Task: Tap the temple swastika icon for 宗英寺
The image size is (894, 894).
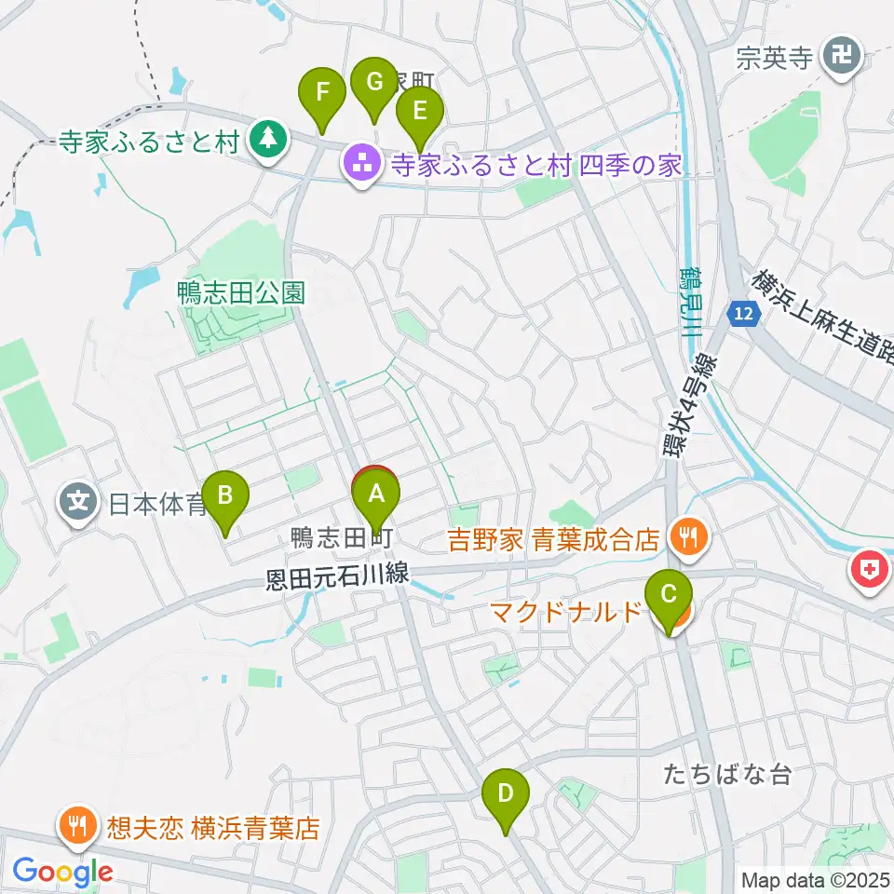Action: click(843, 58)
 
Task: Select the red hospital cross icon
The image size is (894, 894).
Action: click(870, 575)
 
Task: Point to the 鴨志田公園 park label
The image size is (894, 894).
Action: click(241, 293)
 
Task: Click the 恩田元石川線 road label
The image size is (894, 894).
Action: click(337, 577)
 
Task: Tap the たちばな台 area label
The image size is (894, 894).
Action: click(728, 773)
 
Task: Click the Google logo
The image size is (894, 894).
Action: click(62, 872)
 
